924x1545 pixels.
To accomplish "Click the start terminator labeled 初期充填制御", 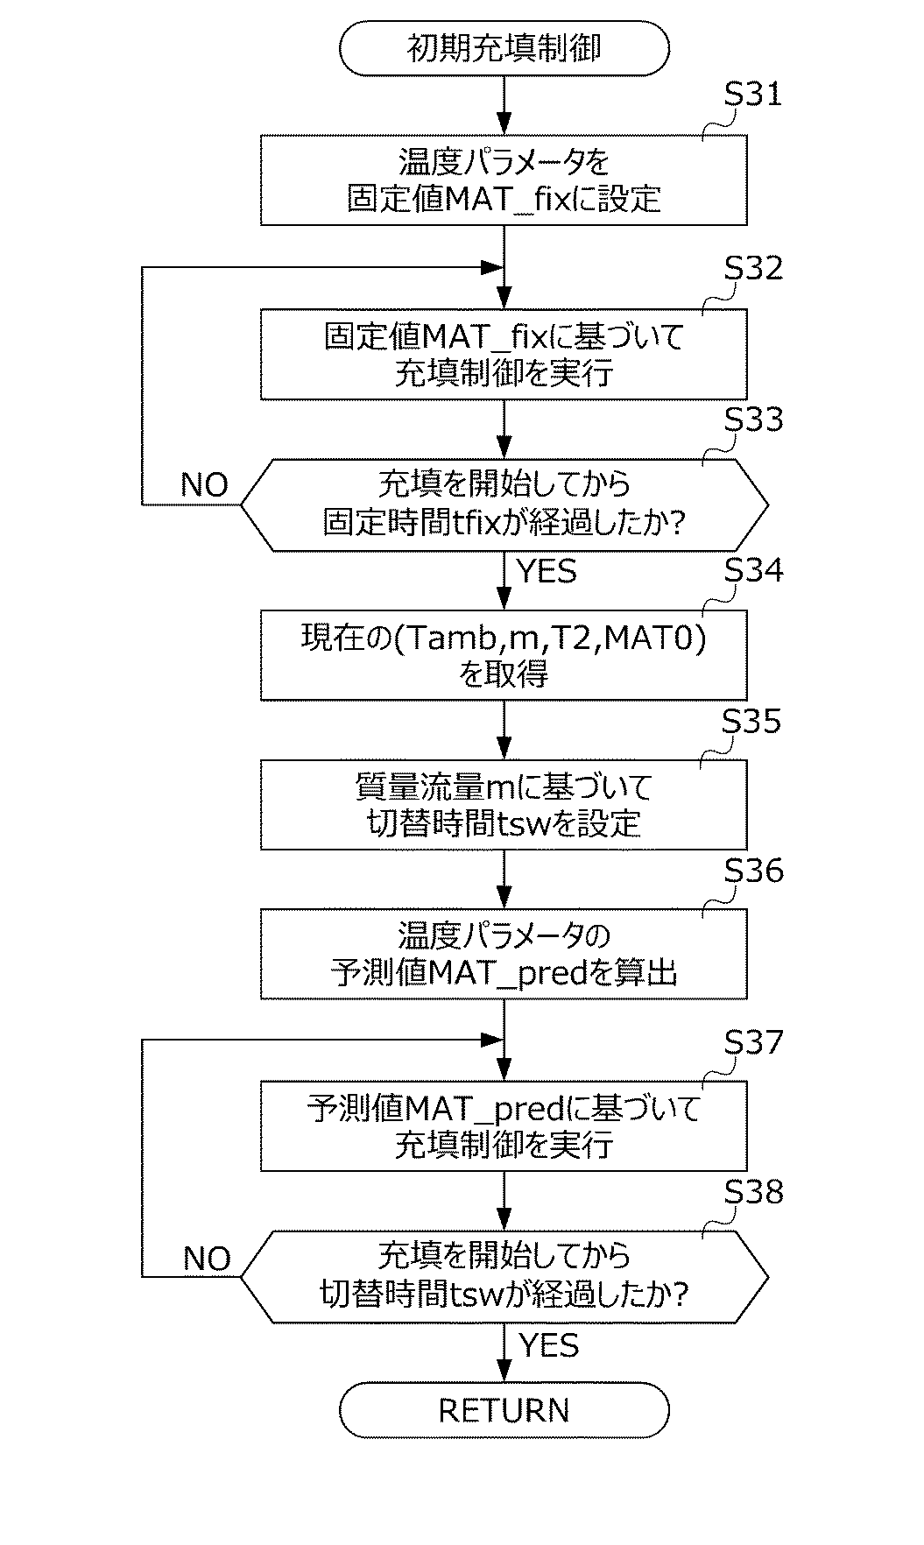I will [x=504, y=48].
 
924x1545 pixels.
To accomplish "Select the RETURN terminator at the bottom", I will [x=504, y=1410].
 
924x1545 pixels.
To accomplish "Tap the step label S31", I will [x=752, y=95].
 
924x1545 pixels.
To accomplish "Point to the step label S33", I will [x=752, y=420].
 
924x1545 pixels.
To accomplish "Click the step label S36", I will [x=752, y=871].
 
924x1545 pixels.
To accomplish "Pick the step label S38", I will [x=752, y=1192].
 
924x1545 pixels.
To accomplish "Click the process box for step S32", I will [x=504, y=354].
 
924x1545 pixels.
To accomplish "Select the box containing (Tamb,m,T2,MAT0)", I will [x=504, y=655].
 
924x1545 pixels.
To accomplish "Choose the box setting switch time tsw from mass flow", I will [x=504, y=805].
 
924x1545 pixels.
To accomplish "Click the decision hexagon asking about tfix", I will [x=504, y=504].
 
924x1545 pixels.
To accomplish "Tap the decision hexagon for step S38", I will [x=504, y=1276].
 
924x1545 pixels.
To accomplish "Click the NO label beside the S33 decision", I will [x=204, y=484].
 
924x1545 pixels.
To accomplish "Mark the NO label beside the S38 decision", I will [x=207, y=1259].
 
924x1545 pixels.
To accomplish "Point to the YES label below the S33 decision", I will [x=547, y=572].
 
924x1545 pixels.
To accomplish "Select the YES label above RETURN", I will [x=548, y=1344].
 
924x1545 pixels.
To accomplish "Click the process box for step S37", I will [x=504, y=1126].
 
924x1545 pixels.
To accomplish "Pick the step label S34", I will [x=752, y=570].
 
